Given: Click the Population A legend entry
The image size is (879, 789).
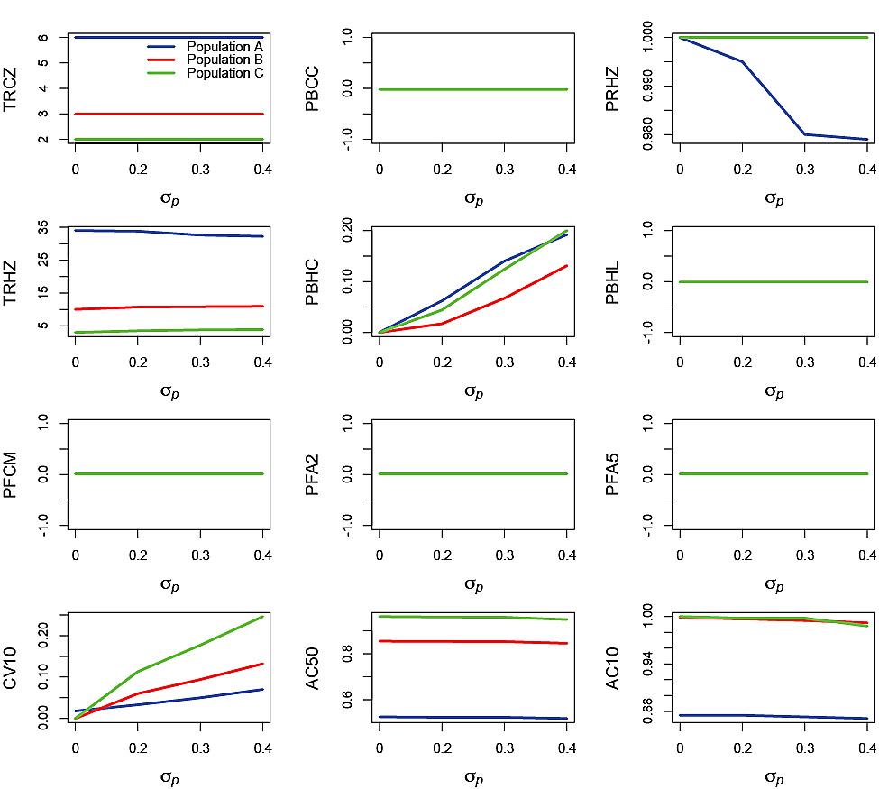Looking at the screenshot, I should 224,46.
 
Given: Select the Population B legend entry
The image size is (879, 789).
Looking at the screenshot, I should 224,60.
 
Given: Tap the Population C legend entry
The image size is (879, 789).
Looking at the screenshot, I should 224,73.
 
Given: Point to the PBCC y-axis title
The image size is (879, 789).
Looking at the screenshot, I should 313,88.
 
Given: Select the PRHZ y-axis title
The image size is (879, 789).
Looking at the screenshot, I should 614,88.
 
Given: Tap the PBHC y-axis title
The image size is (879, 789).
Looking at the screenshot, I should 313,281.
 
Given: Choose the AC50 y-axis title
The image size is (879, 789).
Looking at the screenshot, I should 313,667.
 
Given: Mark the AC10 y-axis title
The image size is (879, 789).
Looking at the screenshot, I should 614,667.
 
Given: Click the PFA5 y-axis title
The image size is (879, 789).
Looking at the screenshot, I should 614,474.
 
